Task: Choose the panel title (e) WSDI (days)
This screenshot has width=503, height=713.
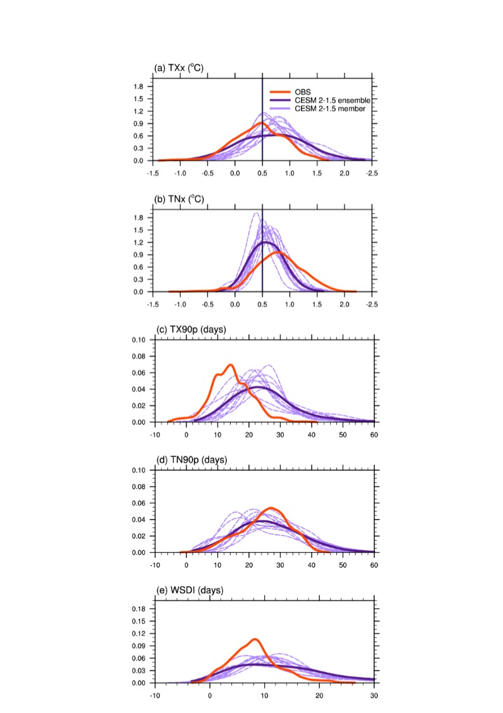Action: [189, 591]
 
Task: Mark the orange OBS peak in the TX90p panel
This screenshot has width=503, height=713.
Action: [230, 365]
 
